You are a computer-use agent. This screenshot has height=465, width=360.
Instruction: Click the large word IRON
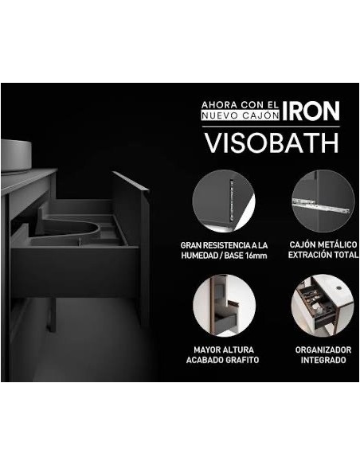pyautogui.click(x=311, y=111)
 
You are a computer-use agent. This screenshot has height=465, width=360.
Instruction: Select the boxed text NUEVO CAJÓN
pyautogui.click(x=241, y=115)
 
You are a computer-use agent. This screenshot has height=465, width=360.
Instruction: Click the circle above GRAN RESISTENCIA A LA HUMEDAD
pyautogui.click(x=224, y=201)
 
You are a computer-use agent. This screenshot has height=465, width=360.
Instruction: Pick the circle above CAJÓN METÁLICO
pyautogui.click(x=323, y=201)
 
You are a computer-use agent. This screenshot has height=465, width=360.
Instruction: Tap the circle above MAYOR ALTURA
pyautogui.click(x=224, y=306)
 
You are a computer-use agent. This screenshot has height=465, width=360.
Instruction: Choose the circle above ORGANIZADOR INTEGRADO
pyautogui.click(x=323, y=306)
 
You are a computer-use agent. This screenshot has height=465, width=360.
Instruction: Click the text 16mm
pyautogui.click(x=256, y=256)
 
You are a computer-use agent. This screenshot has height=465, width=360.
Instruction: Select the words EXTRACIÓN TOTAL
pyautogui.click(x=323, y=255)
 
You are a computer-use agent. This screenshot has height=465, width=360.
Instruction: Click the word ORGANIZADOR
pyautogui.click(x=323, y=350)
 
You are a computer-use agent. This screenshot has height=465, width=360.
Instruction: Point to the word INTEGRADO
pyautogui.click(x=323, y=360)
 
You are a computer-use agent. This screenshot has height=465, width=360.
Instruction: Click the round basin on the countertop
pyautogui.click(x=16, y=156)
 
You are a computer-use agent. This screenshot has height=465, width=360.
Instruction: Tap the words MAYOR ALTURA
pyautogui.click(x=224, y=350)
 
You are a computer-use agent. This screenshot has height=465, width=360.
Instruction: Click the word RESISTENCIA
pyautogui.click(x=223, y=245)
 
